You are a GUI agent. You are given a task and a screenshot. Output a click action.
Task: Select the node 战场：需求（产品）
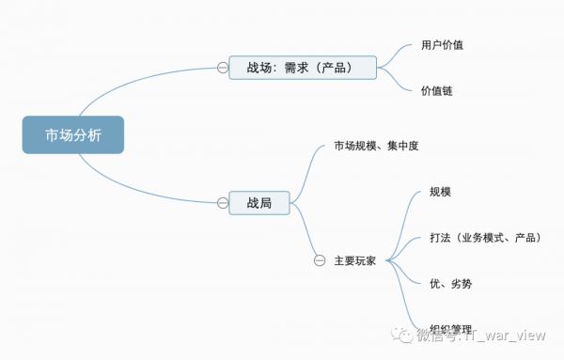[x=302, y=67]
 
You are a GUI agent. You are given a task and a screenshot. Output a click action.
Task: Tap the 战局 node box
[x=259, y=201]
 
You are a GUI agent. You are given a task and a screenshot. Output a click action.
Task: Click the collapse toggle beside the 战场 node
[x=222, y=68]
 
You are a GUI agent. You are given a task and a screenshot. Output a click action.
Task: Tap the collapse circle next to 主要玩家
[x=320, y=260]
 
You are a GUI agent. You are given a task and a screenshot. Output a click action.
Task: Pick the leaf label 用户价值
[x=442, y=44]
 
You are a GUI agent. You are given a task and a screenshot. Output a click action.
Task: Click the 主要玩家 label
[x=354, y=260]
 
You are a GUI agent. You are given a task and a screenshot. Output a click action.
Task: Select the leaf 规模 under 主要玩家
[x=439, y=193]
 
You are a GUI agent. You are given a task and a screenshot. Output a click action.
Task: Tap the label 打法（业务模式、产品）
[x=484, y=238]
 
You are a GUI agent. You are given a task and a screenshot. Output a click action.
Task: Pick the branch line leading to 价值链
[x=399, y=83]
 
